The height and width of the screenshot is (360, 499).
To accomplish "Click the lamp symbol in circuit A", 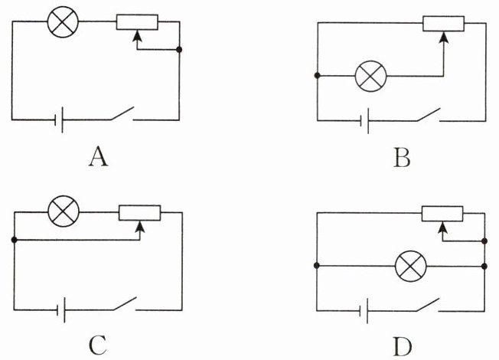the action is [x=63, y=21].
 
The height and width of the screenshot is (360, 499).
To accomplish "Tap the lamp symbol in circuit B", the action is [x=370, y=76].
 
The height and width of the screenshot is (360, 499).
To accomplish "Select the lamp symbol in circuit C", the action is [x=64, y=211].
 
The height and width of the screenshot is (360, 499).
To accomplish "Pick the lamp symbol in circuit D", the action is [x=411, y=266].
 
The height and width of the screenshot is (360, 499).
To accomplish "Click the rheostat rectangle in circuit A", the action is [x=137, y=22].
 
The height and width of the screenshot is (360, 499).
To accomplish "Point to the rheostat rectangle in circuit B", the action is [x=443, y=24].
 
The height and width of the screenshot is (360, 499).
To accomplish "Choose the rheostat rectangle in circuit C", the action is [x=140, y=213].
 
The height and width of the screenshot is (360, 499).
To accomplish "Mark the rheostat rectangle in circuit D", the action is [x=442, y=214].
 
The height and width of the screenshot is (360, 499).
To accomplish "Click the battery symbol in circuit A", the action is [x=59, y=119].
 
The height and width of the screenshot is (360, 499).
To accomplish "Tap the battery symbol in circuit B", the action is [x=365, y=121].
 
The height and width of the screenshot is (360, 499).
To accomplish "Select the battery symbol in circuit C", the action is [x=61, y=309].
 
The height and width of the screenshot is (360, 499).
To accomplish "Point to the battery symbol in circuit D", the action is [x=364, y=311].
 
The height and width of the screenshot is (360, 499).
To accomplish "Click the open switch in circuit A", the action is [x=122, y=113].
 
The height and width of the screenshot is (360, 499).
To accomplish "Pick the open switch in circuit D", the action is [x=428, y=305].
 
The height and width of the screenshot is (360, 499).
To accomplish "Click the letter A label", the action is [x=98, y=158].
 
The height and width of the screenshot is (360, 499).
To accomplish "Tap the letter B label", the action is [x=402, y=159].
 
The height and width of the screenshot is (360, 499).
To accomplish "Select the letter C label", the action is [x=98, y=346].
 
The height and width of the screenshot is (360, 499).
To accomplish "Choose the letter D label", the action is [x=403, y=347].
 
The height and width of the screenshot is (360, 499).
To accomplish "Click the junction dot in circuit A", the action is [x=179, y=50].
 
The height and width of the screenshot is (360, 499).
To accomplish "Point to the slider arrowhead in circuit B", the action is [x=443, y=38].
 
